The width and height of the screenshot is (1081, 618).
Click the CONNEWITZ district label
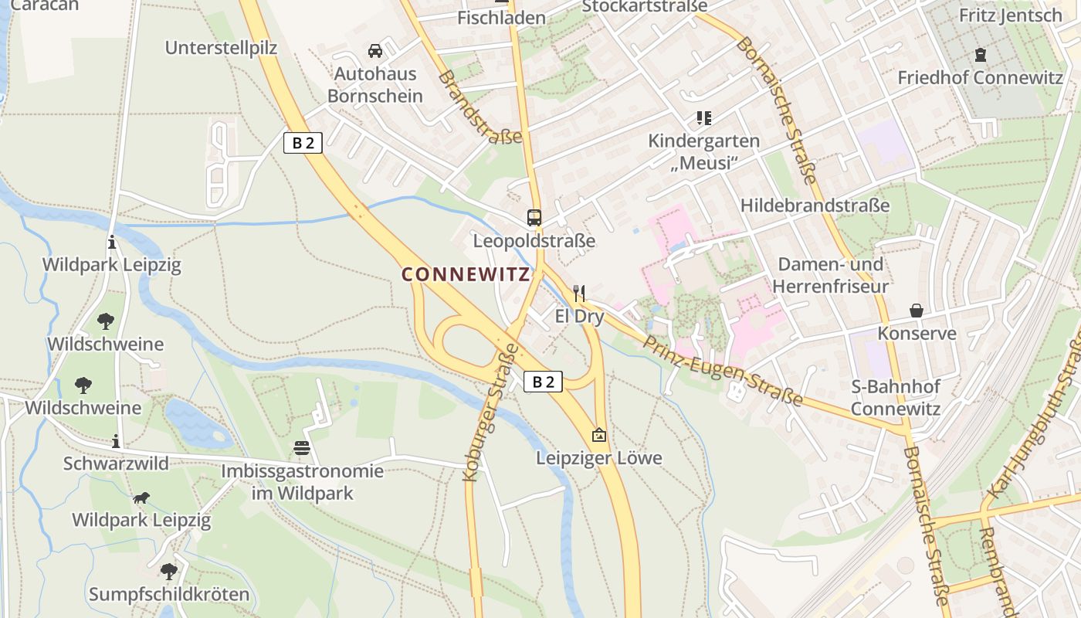click(466, 274)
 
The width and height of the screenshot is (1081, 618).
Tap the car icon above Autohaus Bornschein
click(375, 51)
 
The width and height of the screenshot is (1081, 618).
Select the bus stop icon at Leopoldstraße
click(534, 217)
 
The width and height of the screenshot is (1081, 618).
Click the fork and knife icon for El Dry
click(579, 293)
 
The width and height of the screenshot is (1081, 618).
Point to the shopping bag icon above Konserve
click(917, 311)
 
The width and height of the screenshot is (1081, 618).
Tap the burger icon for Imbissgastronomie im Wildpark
click(302, 447)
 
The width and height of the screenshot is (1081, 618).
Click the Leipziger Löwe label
click(599, 458)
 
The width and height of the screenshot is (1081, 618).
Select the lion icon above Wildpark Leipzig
click(141, 497)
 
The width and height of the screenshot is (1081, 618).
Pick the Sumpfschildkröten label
click(169, 594)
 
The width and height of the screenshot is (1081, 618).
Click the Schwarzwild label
click(116, 463)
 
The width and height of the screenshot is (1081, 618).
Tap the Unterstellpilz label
click(221, 48)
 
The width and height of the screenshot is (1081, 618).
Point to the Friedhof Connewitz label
click(980, 77)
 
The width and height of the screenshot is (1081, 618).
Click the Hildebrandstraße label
click(815, 205)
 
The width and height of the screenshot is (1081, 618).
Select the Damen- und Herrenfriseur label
click(830, 275)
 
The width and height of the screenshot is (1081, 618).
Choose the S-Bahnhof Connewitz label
click(896, 397)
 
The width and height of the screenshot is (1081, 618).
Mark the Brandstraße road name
click(480, 107)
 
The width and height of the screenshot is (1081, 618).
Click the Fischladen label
click(501, 17)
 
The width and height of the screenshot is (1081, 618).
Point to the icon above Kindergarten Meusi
click(703, 118)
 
